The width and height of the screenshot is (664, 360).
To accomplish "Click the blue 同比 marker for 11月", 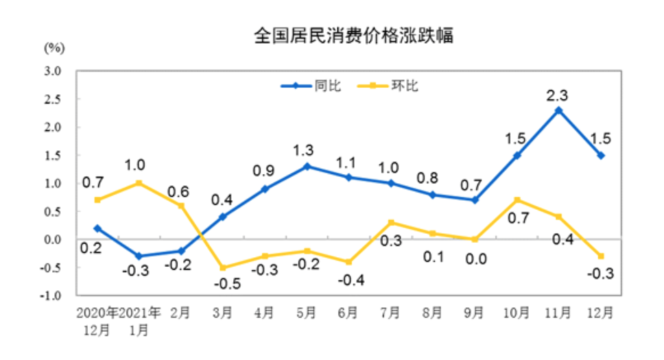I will [x=559, y=110].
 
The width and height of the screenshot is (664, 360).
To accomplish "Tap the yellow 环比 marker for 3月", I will [x=222, y=267].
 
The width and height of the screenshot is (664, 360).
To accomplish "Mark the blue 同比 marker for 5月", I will [x=307, y=166].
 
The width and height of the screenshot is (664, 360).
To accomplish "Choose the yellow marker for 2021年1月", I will [x=139, y=183].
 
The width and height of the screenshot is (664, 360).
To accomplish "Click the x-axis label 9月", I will [x=475, y=313].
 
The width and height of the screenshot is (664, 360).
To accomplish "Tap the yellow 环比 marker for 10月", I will [x=517, y=200].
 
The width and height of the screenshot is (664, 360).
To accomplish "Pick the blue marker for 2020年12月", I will [x=97, y=228].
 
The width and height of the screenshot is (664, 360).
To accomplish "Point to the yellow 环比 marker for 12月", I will [x=601, y=256].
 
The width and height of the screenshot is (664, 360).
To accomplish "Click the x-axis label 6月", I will [x=348, y=313].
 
